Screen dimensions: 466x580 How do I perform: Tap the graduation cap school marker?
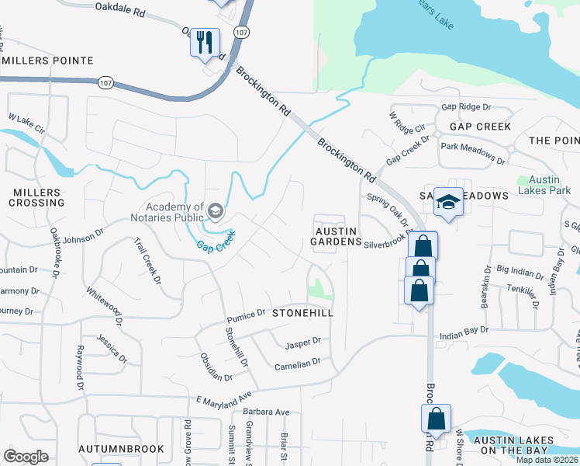point(447,202)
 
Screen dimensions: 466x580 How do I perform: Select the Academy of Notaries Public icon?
point(215,210)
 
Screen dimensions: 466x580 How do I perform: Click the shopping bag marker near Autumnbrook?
point(106,464)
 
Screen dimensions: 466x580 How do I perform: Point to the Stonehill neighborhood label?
point(302,312)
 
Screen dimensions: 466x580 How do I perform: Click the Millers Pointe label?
point(48,60)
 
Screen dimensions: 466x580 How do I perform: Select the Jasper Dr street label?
point(302,342)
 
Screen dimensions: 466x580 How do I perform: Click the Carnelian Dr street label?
point(297,363)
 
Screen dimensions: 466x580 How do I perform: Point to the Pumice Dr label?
point(247,316)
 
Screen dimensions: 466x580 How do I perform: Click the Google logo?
point(26,457)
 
